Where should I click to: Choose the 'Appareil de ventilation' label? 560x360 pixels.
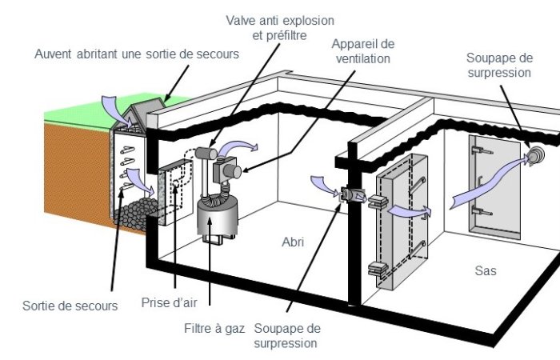coord(363,50)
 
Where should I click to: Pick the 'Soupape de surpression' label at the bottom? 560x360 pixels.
coord(287,336)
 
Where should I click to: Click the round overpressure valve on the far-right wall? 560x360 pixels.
coord(534,154)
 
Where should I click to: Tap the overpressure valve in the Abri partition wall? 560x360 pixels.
coord(350,194)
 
